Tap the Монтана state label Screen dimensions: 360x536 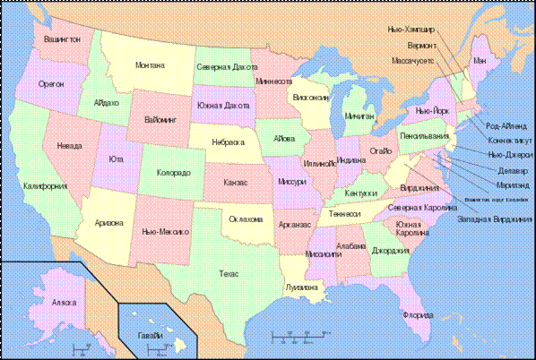coord(150,65)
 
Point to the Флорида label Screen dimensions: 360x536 coord(418,315)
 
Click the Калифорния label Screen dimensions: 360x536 coord(45,186)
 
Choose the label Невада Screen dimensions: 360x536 coord(68,146)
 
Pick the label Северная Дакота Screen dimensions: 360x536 coord(224,67)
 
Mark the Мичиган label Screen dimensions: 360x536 coord(358,116)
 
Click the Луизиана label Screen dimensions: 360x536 coord(301,287)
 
